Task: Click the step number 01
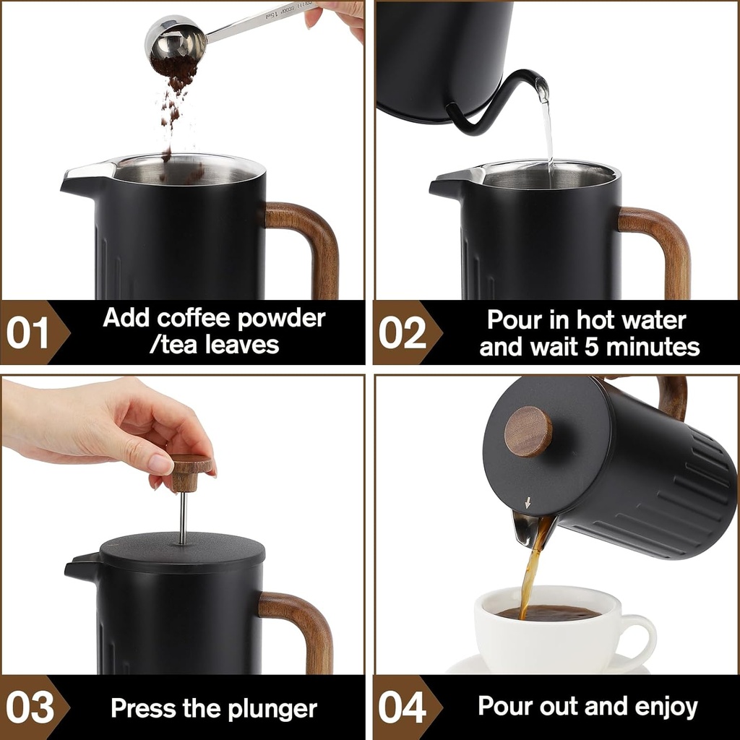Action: point(27,334)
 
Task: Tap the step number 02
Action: point(403,334)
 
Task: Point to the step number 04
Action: point(403,708)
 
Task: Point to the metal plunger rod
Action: point(183,517)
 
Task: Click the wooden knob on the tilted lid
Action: point(528,431)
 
